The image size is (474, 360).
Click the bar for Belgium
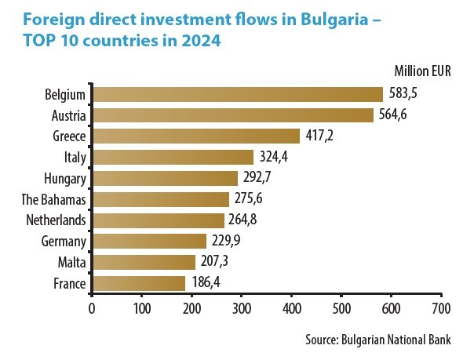(x=238, y=94)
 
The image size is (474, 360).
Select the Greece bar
(x=196, y=136)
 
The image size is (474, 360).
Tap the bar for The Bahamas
(x=161, y=199)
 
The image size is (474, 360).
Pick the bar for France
(x=139, y=282)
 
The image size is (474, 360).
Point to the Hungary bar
(x=165, y=178)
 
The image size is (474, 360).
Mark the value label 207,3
(x=214, y=261)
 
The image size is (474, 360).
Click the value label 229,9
(x=225, y=241)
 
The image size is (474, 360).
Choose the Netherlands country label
(x=57, y=220)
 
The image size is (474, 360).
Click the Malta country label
(x=72, y=261)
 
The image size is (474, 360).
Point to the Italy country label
(x=75, y=157)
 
